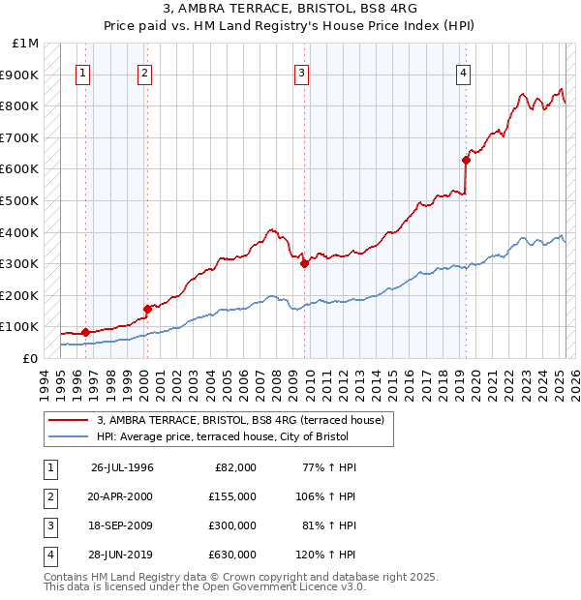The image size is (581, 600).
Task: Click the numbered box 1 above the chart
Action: [83, 73]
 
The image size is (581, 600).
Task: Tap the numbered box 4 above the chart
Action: [464, 73]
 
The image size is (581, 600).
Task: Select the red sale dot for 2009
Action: [304, 262]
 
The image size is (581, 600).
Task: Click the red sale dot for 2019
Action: [466, 161]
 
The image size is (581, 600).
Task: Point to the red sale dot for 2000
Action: [147, 309]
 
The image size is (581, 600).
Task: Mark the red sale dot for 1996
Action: [85, 332]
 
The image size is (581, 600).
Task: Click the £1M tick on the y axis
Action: [26, 44]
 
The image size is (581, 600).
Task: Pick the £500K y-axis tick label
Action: [20, 200]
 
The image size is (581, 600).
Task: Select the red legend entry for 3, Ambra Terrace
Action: [241, 420]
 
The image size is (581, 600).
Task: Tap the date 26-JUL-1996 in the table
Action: [122, 467]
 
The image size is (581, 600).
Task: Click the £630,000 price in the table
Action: [232, 555]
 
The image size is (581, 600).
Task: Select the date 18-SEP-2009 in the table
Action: [121, 525]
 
